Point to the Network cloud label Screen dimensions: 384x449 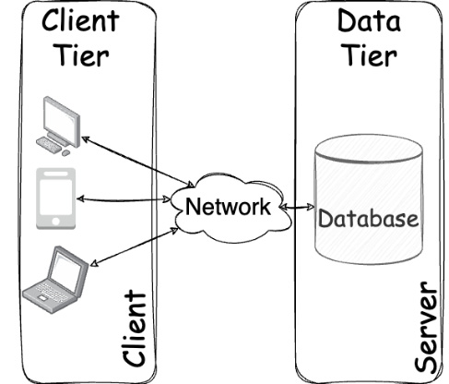pyautogui.click(x=228, y=205)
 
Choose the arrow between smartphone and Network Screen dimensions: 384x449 pyautogui.click(x=126, y=198)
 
